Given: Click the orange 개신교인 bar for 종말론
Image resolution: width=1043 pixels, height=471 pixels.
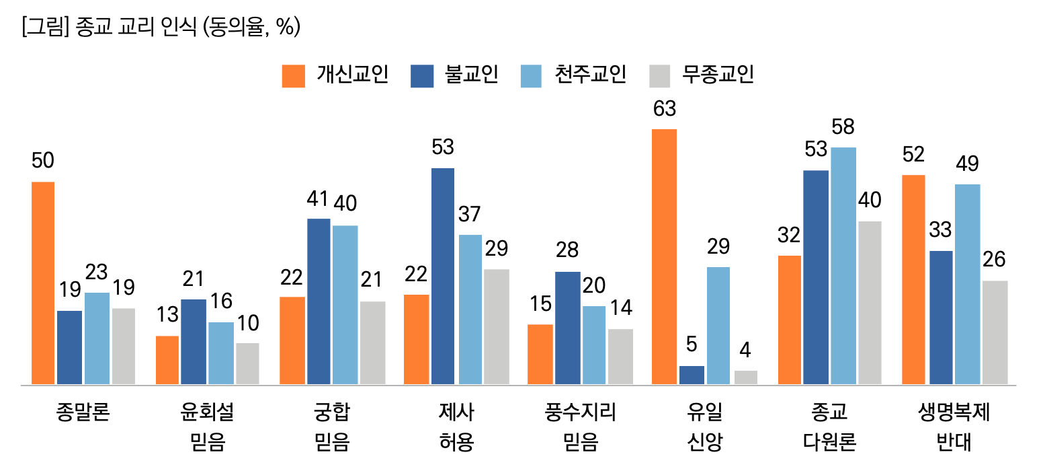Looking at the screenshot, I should (x=43, y=283).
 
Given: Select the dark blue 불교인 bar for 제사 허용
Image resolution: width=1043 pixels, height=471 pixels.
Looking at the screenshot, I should (x=442, y=277).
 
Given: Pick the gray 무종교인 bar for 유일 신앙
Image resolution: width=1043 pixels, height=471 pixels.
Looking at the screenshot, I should (x=746, y=377).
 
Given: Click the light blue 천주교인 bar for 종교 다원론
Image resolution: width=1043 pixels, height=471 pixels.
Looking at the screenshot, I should (x=843, y=266).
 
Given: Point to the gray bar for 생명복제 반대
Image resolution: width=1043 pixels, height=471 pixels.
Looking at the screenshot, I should (x=995, y=332).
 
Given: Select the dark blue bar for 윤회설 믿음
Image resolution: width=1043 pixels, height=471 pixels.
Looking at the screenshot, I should (x=194, y=342).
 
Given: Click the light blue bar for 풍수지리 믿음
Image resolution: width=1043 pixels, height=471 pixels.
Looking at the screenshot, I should (x=593, y=345).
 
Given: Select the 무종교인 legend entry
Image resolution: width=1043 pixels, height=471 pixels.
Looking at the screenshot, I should (x=702, y=75).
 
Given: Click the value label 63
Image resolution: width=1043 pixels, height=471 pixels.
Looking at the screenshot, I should (x=664, y=109).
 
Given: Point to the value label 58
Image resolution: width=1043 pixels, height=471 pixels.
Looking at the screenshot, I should (x=843, y=127).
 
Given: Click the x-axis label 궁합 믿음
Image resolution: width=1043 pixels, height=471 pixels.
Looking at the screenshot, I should (x=332, y=427).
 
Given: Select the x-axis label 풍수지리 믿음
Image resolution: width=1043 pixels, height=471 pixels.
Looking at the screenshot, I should (x=580, y=427).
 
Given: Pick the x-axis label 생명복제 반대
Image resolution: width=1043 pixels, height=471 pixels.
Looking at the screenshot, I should (x=954, y=427).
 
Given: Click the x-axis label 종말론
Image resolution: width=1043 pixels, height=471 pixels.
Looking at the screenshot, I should (x=83, y=412).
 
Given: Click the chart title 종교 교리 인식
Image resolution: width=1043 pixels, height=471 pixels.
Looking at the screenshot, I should (x=161, y=28).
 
